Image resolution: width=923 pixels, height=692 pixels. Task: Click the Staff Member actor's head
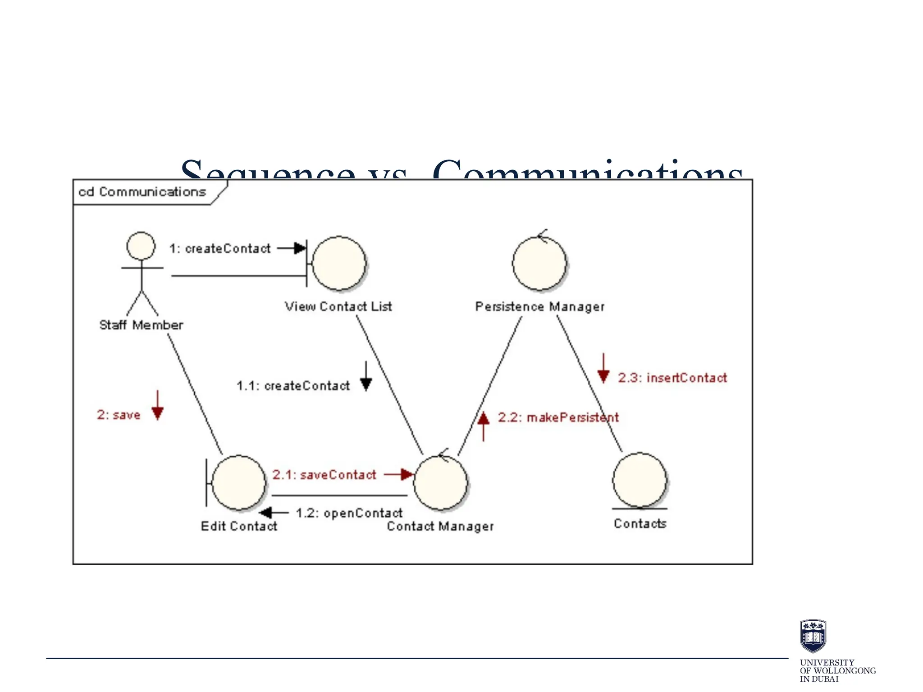(141, 246)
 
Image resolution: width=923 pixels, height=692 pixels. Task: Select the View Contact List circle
(339, 263)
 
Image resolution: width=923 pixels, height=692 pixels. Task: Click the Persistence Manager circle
(539, 263)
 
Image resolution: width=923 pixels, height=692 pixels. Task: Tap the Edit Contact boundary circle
(238, 483)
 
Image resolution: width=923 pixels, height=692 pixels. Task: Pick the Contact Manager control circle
(440, 483)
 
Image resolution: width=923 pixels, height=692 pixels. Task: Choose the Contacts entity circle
(640, 480)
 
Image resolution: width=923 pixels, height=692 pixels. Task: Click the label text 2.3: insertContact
(672, 378)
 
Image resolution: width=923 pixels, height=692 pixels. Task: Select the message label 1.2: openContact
(349, 513)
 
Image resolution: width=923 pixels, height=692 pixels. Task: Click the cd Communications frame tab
(142, 192)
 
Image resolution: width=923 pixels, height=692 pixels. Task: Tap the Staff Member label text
(141, 325)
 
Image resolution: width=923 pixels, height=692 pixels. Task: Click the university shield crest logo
(813, 636)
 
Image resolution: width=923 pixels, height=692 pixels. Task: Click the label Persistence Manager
(539, 307)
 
